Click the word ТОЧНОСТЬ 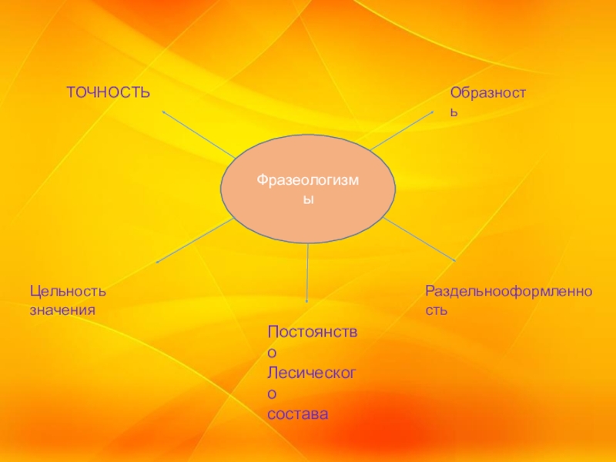pos(108,92)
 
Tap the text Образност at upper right pos(488,92)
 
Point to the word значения pos(62,309)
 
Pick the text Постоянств pos(313,331)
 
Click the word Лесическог pos(313,373)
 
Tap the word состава pos(298,414)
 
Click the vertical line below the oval pos(308,269)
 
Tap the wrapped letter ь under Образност pos(454,112)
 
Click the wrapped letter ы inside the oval pos(308,199)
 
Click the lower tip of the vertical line pos(307,301)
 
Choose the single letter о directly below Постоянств pos(271,352)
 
